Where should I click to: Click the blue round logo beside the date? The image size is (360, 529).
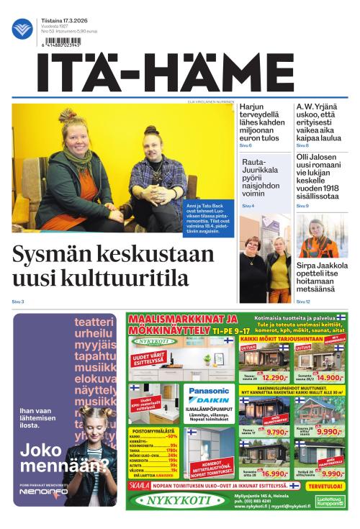click(22, 30)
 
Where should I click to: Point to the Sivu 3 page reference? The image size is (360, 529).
click(18, 301)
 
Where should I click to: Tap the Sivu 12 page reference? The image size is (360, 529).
click(303, 301)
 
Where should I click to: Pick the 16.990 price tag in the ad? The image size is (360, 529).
click(274, 494)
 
